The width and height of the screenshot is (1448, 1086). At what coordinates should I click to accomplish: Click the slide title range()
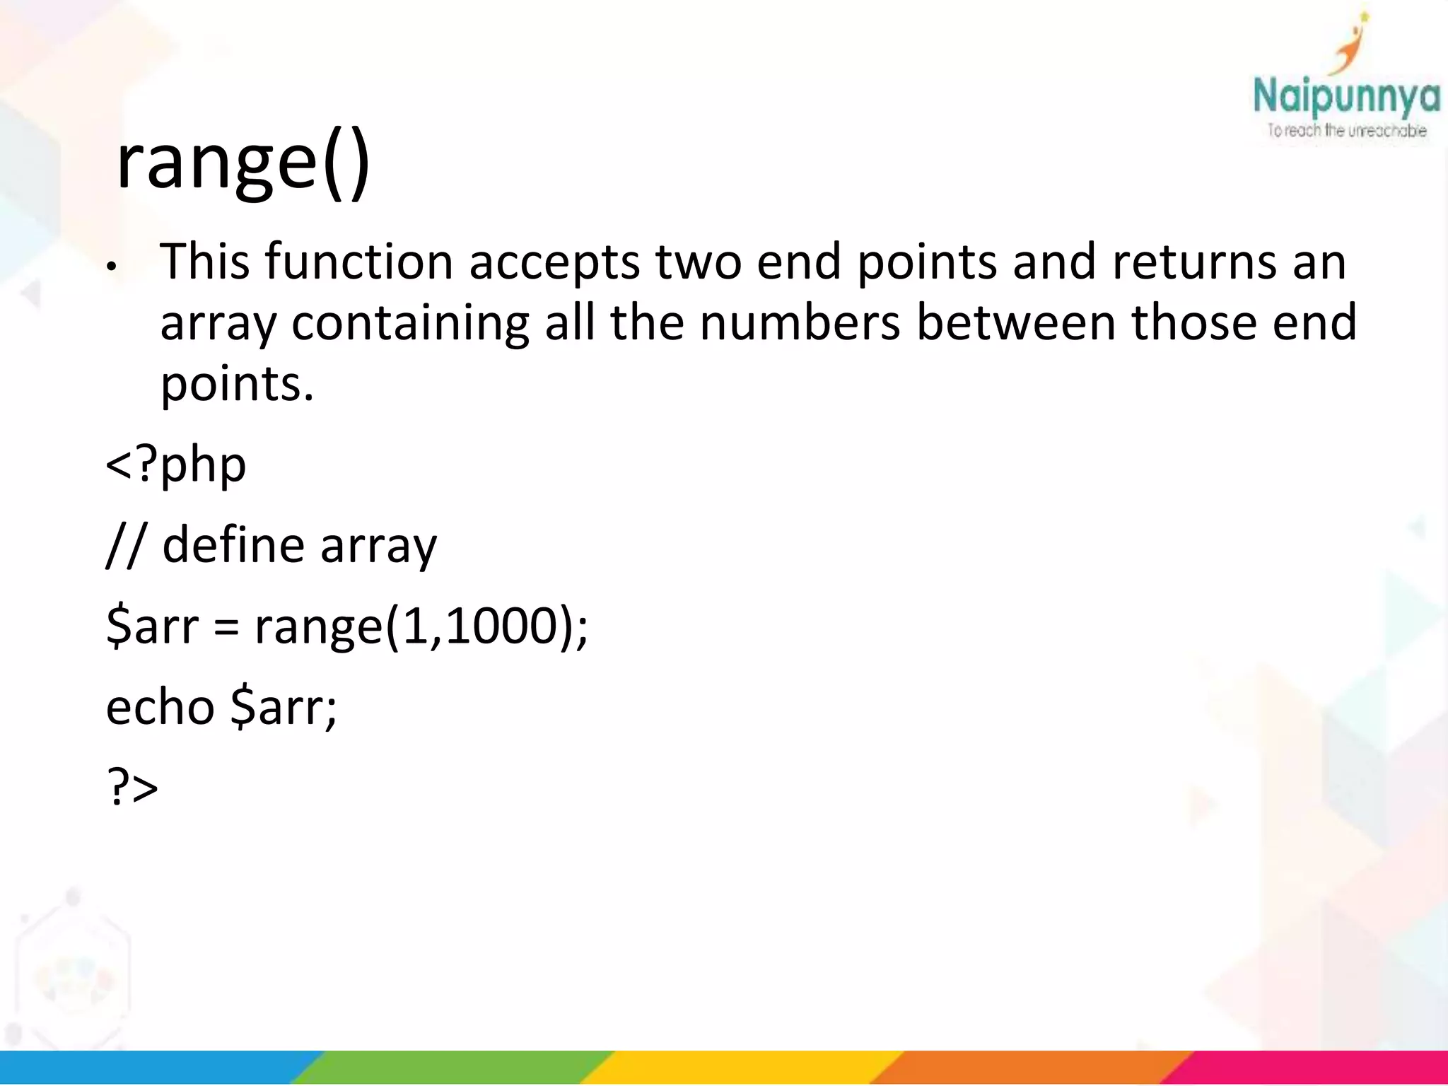pyautogui.click(x=243, y=163)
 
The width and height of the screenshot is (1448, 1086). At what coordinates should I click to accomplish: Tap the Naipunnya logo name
pyautogui.click(x=1345, y=98)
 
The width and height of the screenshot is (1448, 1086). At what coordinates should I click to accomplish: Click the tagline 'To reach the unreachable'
pyautogui.click(x=1346, y=131)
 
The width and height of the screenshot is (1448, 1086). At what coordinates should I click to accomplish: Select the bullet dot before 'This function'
pyautogui.click(x=110, y=268)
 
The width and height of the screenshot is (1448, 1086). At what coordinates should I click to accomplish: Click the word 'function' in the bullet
pyautogui.click(x=358, y=262)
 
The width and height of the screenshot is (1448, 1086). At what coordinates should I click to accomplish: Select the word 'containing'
pyautogui.click(x=409, y=324)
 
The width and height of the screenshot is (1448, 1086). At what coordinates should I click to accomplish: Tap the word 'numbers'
pyautogui.click(x=800, y=322)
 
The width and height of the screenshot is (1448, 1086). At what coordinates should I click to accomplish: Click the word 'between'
pyautogui.click(x=1015, y=322)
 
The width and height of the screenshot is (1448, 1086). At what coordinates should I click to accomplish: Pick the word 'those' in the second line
pyautogui.click(x=1193, y=322)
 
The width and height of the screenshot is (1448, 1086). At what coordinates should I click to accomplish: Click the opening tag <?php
pyautogui.click(x=176, y=465)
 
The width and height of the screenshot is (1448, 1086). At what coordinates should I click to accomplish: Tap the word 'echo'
pyautogui.click(x=160, y=706)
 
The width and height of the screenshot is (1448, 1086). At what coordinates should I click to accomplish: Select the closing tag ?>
pyautogui.click(x=132, y=786)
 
